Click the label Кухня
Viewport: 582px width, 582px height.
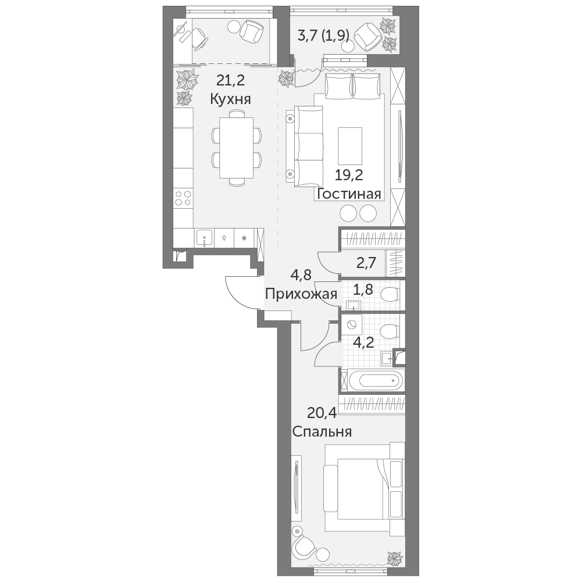pyautogui.click(x=230, y=99)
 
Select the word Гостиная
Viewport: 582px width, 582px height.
pyautogui.click(x=349, y=194)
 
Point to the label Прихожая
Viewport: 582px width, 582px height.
pyautogui.click(x=301, y=294)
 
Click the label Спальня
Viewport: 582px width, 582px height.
pyautogui.click(x=322, y=431)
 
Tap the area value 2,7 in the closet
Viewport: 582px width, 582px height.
pyautogui.click(x=366, y=263)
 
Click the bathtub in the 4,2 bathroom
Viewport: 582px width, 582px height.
pyautogui.click(x=375, y=380)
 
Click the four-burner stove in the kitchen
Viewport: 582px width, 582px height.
pyautogui.click(x=183, y=198)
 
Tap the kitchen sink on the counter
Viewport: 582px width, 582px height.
pyautogui.click(x=204, y=238)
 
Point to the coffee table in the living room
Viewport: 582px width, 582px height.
pyautogui.click(x=350, y=146)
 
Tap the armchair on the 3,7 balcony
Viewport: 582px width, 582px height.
pyautogui.click(x=368, y=37)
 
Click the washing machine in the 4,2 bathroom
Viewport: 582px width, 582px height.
pyautogui.click(x=351, y=324)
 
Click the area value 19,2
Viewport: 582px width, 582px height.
pyautogui.click(x=349, y=175)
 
